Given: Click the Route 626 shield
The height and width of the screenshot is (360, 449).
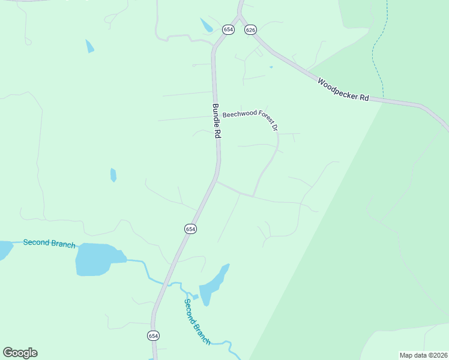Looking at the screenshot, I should [250, 30].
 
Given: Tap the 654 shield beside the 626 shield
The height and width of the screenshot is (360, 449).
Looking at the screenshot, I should [228, 29].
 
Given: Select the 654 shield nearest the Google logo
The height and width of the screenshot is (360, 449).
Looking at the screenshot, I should [154, 336].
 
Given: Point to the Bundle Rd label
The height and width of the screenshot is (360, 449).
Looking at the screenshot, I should [216, 121].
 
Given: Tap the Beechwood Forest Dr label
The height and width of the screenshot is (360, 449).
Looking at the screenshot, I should [250, 118].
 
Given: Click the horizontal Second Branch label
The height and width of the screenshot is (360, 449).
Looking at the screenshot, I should [49, 243].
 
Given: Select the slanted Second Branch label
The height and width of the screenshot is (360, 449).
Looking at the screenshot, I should [197, 322].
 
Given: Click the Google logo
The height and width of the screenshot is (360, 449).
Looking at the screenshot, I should [20, 353].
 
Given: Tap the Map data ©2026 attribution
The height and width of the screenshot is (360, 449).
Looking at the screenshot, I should [423, 355].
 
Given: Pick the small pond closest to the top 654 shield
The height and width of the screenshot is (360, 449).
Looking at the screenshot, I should [206, 25].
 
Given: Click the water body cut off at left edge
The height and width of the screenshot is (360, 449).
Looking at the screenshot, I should [5, 249].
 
